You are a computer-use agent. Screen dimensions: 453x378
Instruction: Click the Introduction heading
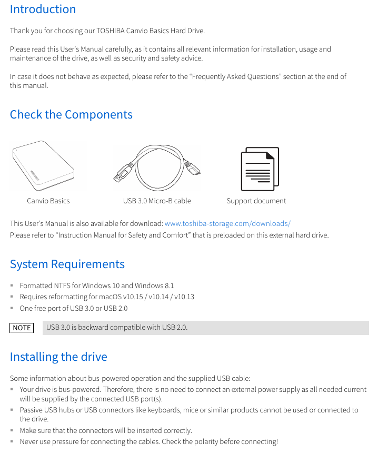[x=43, y=9]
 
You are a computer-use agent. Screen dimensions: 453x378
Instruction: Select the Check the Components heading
[x=71, y=115]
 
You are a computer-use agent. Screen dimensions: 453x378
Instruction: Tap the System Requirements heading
[x=67, y=264]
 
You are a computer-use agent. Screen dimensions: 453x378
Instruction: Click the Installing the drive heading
[x=58, y=357]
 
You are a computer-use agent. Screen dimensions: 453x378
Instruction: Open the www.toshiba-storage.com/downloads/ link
[x=227, y=223]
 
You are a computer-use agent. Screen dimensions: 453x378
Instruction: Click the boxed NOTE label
[x=22, y=328]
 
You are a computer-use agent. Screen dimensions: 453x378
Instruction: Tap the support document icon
[x=259, y=169]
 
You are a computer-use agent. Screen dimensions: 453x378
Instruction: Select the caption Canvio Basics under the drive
[x=48, y=201]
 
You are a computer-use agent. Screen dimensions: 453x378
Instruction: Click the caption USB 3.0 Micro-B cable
[x=157, y=201]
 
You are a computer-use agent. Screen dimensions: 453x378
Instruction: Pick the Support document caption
[x=256, y=201]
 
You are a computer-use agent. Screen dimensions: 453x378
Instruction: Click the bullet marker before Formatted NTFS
[x=12, y=285]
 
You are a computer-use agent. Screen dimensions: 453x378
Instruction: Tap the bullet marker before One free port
[x=12, y=308]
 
